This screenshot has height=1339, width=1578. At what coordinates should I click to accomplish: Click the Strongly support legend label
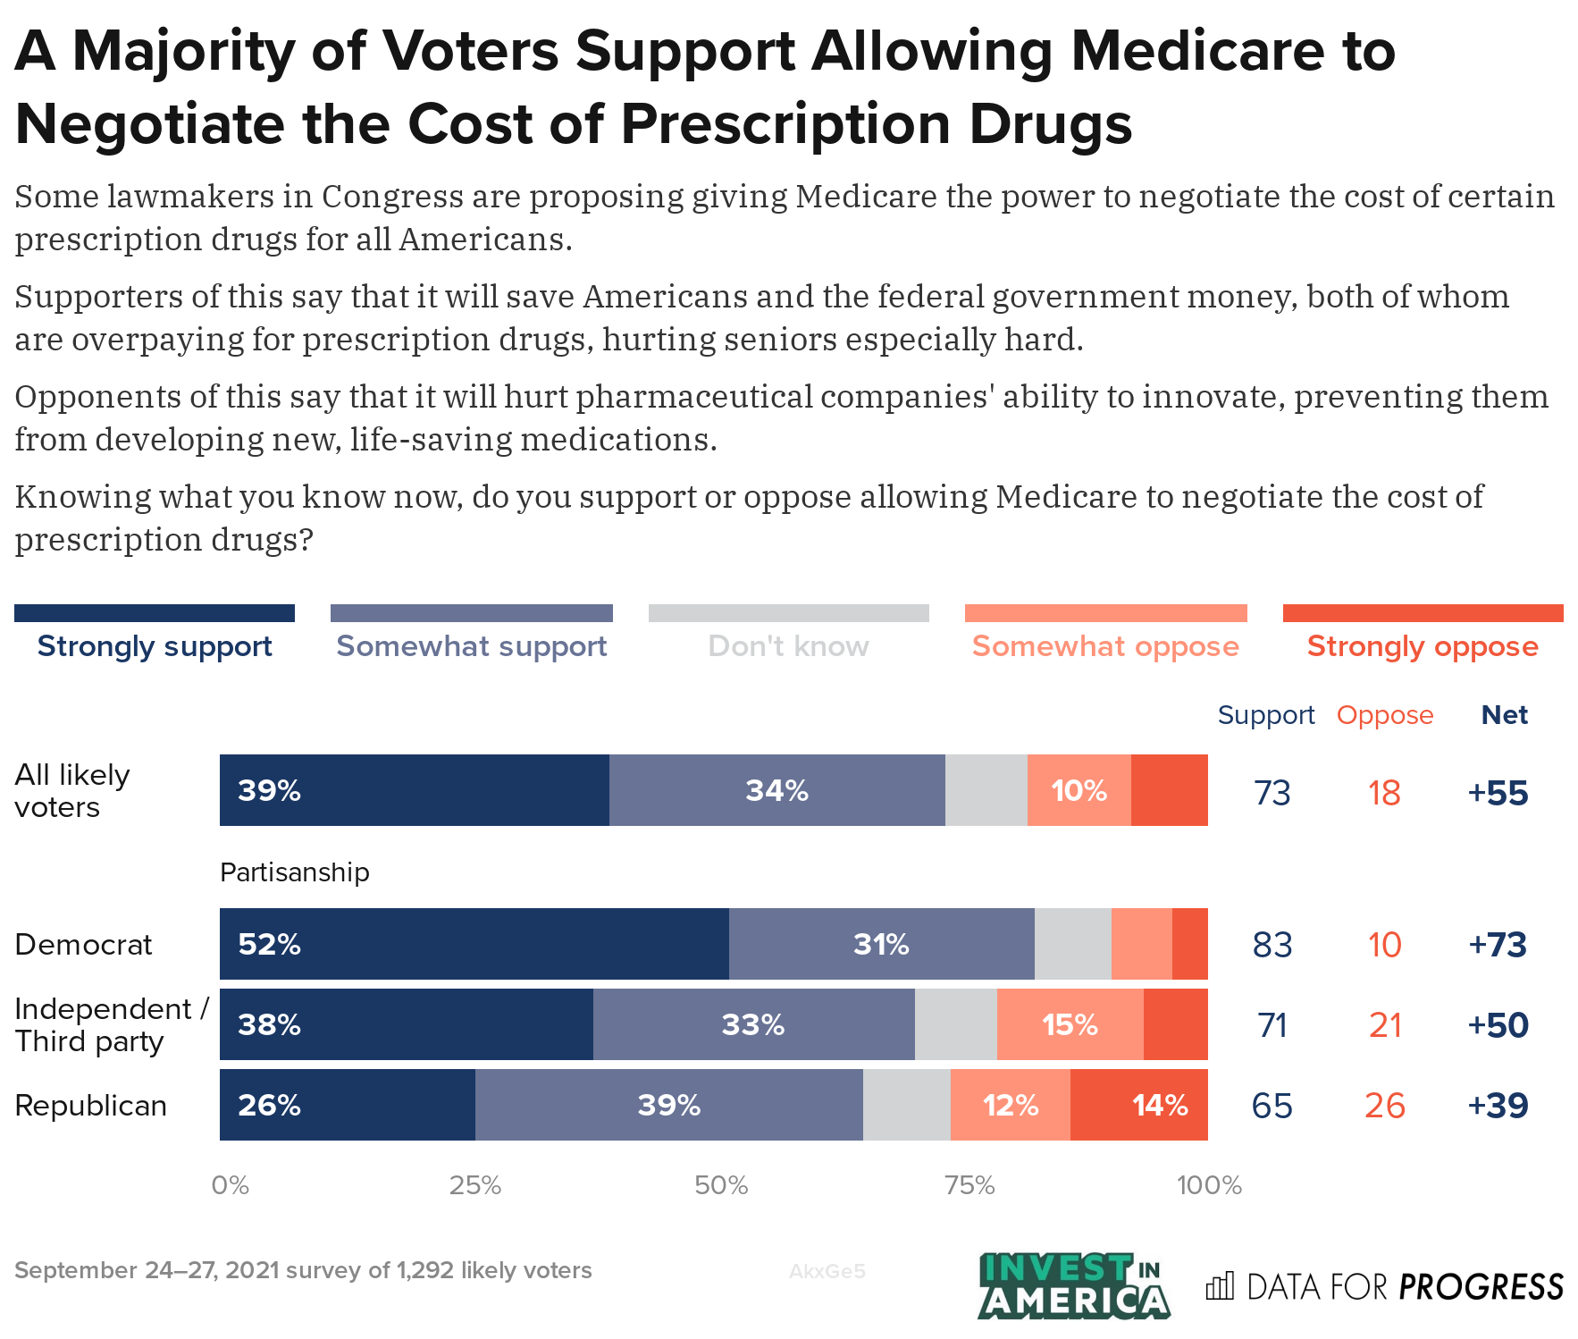click(x=155, y=645)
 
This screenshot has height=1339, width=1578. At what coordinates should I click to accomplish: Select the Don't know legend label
click(x=788, y=645)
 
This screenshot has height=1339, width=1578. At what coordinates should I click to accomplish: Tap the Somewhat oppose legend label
click(x=1105, y=645)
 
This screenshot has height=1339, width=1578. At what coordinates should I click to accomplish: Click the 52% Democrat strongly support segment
click(x=474, y=944)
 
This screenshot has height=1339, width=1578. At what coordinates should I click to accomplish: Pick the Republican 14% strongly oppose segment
click(x=1139, y=1105)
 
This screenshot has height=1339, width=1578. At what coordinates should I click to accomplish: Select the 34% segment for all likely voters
click(x=776, y=790)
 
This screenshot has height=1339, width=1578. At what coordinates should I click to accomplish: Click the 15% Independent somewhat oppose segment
click(x=1070, y=1024)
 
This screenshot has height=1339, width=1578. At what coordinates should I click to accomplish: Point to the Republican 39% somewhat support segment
click(x=668, y=1105)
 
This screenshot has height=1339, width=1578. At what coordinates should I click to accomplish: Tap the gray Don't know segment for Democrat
click(x=1072, y=944)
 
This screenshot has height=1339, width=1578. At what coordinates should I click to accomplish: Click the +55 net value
click(x=1498, y=793)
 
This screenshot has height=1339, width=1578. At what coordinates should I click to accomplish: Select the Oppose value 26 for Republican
click(x=1384, y=1106)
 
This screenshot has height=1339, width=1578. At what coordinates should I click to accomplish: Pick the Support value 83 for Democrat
click(x=1272, y=945)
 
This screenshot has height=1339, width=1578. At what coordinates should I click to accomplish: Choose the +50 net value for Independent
click(x=1498, y=1025)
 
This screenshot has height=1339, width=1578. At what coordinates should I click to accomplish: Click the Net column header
click(x=1504, y=715)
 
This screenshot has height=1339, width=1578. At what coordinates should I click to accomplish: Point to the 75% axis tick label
click(x=969, y=1185)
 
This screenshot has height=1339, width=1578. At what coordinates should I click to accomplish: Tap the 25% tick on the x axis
click(x=474, y=1185)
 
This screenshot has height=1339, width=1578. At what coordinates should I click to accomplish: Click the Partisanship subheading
click(x=294, y=872)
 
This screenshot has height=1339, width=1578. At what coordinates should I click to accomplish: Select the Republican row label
click(x=90, y=1106)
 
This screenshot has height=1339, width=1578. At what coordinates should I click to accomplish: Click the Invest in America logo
click(x=1073, y=1285)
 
